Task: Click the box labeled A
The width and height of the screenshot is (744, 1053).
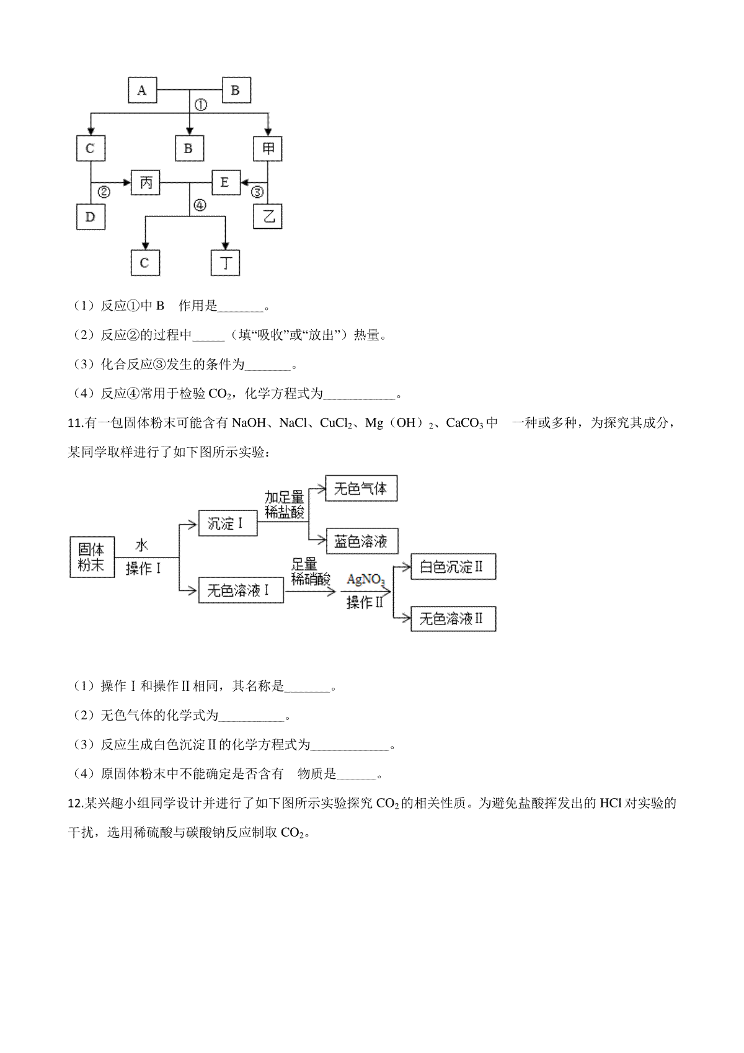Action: coord(143,91)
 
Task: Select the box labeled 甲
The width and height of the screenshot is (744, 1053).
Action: coord(267,149)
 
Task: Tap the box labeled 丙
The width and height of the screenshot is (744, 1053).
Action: coord(145,182)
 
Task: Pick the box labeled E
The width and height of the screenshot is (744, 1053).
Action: coord(226,182)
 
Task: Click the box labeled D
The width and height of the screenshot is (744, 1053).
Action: coord(91,216)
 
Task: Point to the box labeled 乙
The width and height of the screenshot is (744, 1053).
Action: coord(267,216)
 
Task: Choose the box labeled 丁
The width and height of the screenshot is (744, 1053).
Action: coord(225,263)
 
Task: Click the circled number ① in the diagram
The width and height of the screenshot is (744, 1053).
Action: coord(201,105)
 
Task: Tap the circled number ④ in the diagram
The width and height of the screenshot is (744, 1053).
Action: coord(200,205)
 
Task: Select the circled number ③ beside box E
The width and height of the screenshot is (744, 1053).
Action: coord(257,192)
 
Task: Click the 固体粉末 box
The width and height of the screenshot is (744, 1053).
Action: coord(92,557)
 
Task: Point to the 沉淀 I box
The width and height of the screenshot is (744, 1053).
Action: coord(228,523)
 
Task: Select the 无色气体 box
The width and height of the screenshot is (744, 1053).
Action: coord(361,489)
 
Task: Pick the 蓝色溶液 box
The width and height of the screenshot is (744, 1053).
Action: coord(362,541)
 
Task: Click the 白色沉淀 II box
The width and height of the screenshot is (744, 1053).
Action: coord(454,566)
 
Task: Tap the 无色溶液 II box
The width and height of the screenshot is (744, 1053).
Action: coord(454,619)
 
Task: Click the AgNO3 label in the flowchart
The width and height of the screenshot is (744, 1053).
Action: coord(366,580)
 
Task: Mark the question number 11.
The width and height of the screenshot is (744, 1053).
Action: coord(75,423)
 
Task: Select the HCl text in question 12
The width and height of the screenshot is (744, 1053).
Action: coord(611,803)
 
